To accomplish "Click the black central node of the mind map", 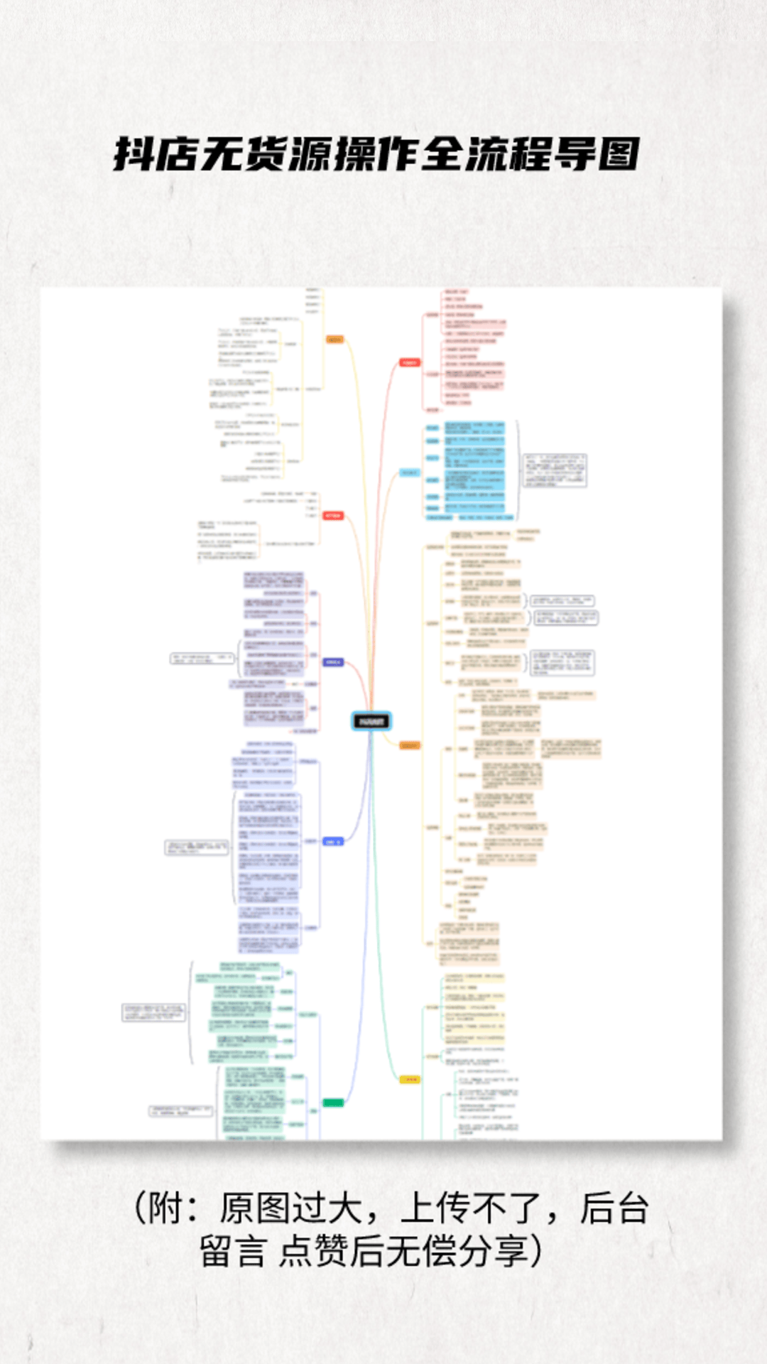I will pyautogui.click(x=371, y=721).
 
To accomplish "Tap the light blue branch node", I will pyautogui.click(x=409, y=472).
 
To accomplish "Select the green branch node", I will pyautogui.click(x=333, y=1103).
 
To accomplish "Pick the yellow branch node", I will pyautogui.click(x=409, y=1079).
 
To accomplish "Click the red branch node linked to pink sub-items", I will pyautogui.click(x=409, y=362).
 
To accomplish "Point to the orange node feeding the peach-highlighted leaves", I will pyautogui.click(x=409, y=745).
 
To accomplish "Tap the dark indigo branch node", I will pyautogui.click(x=333, y=662).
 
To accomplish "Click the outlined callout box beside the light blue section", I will pyautogui.click(x=555, y=470).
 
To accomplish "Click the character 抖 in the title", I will pyautogui.click(x=134, y=154).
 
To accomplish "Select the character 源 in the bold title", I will pyautogui.click(x=310, y=154).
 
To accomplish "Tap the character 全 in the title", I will pyautogui.click(x=442, y=154).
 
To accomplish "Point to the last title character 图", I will pyautogui.click(x=619, y=154).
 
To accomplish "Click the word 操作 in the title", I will pyautogui.click(x=376, y=154).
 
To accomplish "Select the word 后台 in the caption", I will pyautogui.click(x=614, y=1208).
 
